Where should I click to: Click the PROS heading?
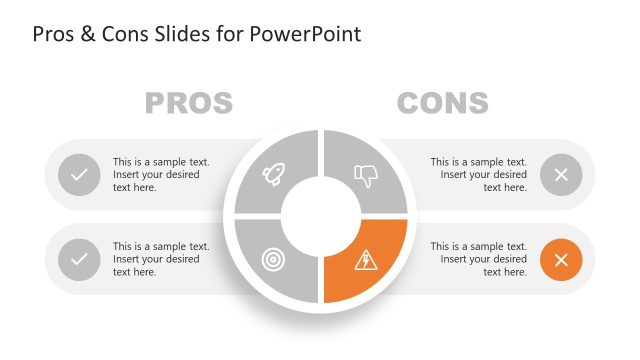(x=189, y=102)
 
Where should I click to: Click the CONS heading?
(x=442, y=102)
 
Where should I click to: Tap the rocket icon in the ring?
(x=273, y=175)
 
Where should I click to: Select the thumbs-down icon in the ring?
(x=366, y=176)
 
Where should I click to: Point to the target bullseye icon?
(x=273, y=259)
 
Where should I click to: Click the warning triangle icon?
(x=366, y=260)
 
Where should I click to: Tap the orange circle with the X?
(x=561, y=260)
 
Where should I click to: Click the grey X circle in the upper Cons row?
(x=561, y=175)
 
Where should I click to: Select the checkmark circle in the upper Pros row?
(x=79, y=175)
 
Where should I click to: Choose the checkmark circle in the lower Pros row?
(x=79, y=260)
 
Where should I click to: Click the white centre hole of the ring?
(x=320, y=217)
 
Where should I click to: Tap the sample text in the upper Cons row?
(x=478, y=175)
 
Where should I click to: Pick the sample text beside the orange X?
(x=478, y=259)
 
